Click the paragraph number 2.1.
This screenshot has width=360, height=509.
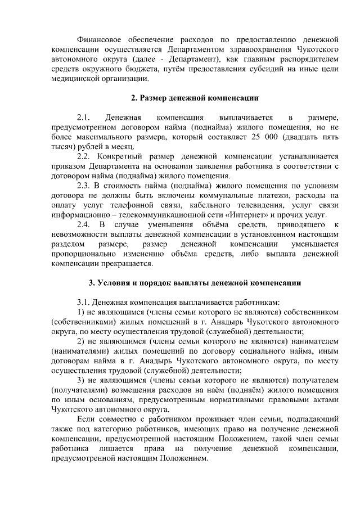pos(83,118)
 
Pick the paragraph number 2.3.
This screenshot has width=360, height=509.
pos(83,184)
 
